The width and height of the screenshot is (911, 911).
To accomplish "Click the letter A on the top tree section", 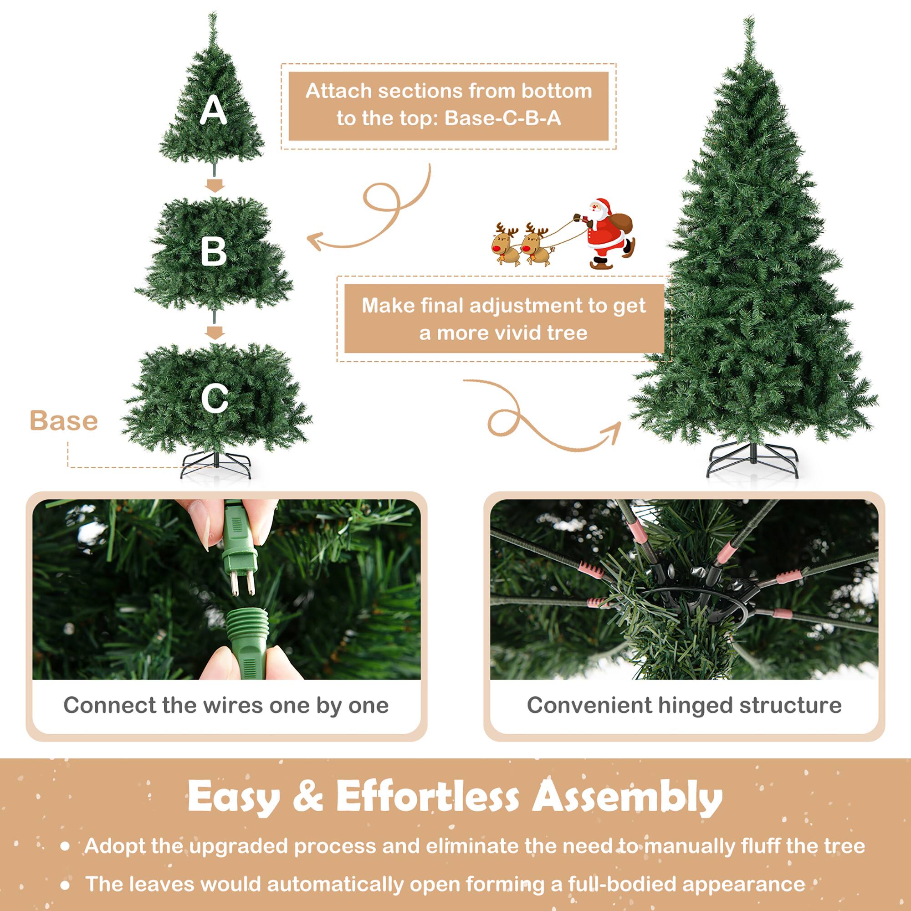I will coord(213,110).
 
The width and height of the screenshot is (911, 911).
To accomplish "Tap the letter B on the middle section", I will coord(214,252).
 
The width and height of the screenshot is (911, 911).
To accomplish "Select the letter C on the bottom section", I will coord(215,398).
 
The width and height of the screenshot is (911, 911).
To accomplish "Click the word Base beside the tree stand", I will coord(64,420).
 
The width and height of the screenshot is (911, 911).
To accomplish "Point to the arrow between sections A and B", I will coord(215,185).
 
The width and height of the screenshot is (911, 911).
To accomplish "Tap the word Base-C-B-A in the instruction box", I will coord(503,118).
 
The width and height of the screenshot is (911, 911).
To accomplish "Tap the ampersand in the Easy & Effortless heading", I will coord(307,796).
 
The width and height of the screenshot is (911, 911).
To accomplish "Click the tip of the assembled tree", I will coord(749,19).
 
